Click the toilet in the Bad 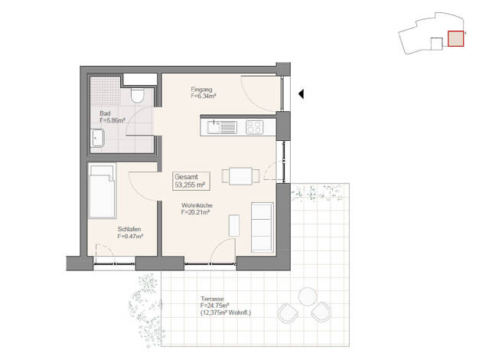[x=137, y=96]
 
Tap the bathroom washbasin [x=98, y=138]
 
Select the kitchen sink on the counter [x=222, y=128]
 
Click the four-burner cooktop [x=254, y=128]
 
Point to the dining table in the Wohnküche [x=241, y=176]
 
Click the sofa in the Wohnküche [x=262, y=227]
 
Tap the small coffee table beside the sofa [x=234, y=225]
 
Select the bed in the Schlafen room [x=102, y=191]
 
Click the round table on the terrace [x=308, y=296]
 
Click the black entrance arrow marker [x=301, y=94]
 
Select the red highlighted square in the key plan [x=455, y=39]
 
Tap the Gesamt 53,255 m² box [x=191, y=181]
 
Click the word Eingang [x=201, y=90]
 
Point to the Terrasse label [x=212, y=299]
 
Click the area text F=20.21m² [x=195, y=212]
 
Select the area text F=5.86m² [x=112, y=120]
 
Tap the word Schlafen [x=129, y=229]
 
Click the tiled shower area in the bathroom [x=106, y=91]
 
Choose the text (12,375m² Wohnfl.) [x=226, y=313]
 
